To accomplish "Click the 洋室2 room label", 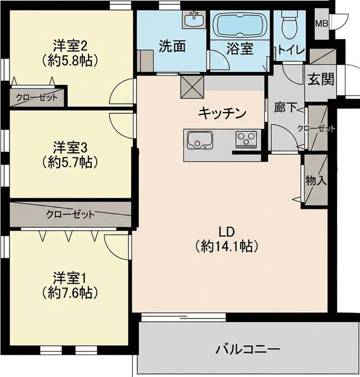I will pyautogui.click(x=70, y=45).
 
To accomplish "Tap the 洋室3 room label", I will pyautogui.click(x=70, y=146).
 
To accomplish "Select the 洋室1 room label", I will pyautogui.click(x=70, y=277).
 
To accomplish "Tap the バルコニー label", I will pyautogui.click(x=247, y=348).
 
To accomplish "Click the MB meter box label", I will pyautogui.click(x=322, y=24).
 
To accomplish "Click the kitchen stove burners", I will pyautogui.click(x=245, y=140).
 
